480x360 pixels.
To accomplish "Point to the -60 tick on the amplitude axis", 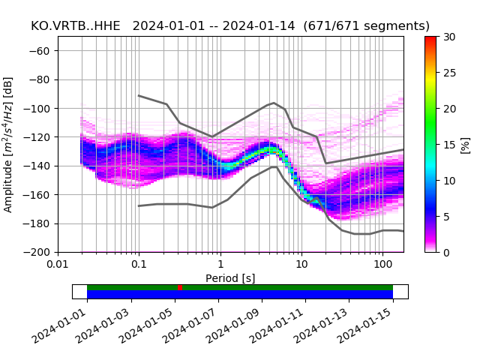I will tap(43, 51).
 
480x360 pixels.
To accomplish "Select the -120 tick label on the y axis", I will tap(40, 137).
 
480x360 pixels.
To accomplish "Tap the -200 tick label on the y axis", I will tap(40, 253).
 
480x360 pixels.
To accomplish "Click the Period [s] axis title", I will tap(230, 278).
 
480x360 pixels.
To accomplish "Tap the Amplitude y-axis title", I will tap(9, 144).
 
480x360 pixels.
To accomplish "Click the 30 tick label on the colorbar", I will tap(449, 37).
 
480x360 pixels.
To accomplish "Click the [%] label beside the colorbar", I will tap(466, 144).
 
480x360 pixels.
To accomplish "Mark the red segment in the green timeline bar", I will tap(180, 287).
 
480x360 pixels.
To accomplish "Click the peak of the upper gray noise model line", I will tap(274, 103).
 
